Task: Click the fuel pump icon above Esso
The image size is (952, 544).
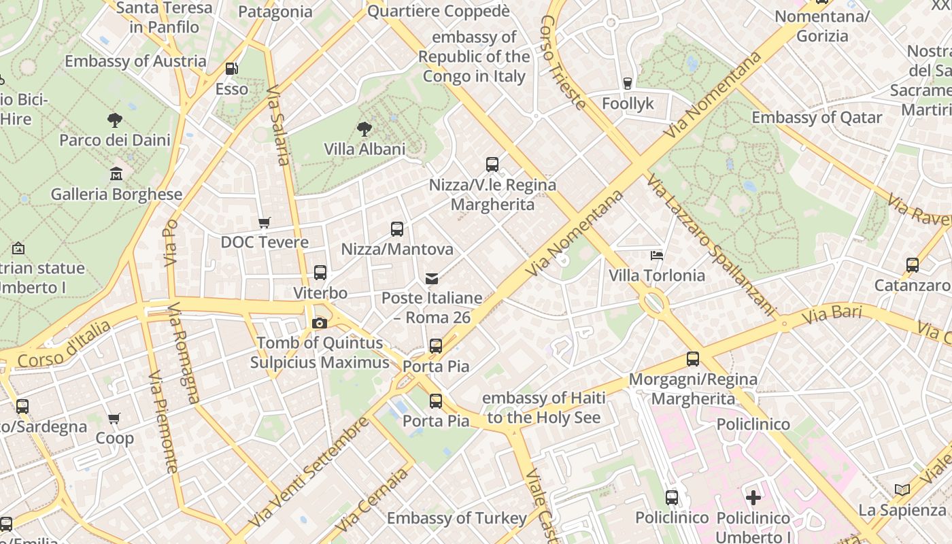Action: pyautogui.click(x=232, y=69)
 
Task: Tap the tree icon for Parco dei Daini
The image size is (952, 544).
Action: pyautogui.click(x=115, y=120)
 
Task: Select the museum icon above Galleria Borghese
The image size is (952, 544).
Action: pyautogui.click(x=116, y=174)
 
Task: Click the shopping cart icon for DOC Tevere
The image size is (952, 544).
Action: pyautogui.click(x=265, y=222)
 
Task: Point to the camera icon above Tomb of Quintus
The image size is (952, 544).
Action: pyautogui.click(x=319, y=323)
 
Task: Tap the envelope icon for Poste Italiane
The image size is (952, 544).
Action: pyautogui.click(x=432, y=278)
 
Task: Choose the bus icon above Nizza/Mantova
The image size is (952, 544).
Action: pyautogui.click(x=397, y=229)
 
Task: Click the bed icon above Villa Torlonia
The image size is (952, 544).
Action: pyautogui.click(x=657, y=256)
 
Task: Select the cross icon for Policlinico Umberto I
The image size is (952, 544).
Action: pyautogui.click(x=753, y=498)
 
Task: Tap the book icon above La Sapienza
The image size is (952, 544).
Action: pyautogui.click(x=902, y=490)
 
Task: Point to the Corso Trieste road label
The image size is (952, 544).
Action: pyautogui.click(x=563, y=62)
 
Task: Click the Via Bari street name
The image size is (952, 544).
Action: pyautogui.click(x=832, y=315)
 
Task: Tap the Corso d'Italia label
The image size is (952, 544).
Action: pyautogui.click(x=64, y=345)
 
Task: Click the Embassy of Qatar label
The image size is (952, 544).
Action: pyautogui.click(x=817, y=118)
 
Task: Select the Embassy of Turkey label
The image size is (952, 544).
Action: pyautogui.click(x=457, y=518)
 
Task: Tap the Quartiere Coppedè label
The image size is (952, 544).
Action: pyautogui.click(x=439, y=11)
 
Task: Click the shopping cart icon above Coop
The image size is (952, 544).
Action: pyautogui.click(x=114, y=419)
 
